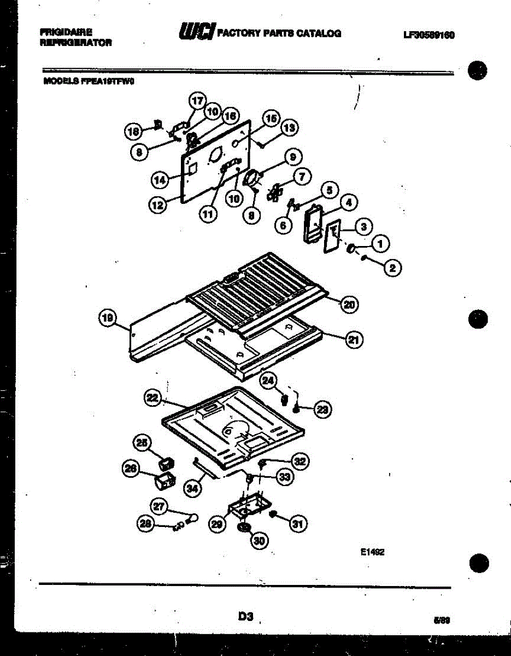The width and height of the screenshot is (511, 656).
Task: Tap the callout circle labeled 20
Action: pyautogui.click(x=349, y=304)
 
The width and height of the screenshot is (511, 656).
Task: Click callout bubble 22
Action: pyautogui.click(x=153, y=399)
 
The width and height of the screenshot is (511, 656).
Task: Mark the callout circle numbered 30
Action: pyautogui.click(x=259, y=540)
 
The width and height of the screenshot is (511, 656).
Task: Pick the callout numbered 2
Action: pyautogui.click(x=392, y=267)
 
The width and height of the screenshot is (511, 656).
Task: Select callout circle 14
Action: pyautogui.click(x=158, y=179)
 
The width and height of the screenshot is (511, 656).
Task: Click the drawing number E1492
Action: pyautogui.click(x=373, y=553)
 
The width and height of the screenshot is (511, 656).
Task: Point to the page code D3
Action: pyautogui.click(x=245, y=617)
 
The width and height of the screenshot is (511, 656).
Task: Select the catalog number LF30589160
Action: pyautogui.click(x=429, y=35)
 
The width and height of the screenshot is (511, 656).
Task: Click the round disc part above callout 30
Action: pyautogui.click(x=244, y=528)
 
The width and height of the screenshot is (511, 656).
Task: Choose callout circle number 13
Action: pyautogui.click(x=289, y=128)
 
